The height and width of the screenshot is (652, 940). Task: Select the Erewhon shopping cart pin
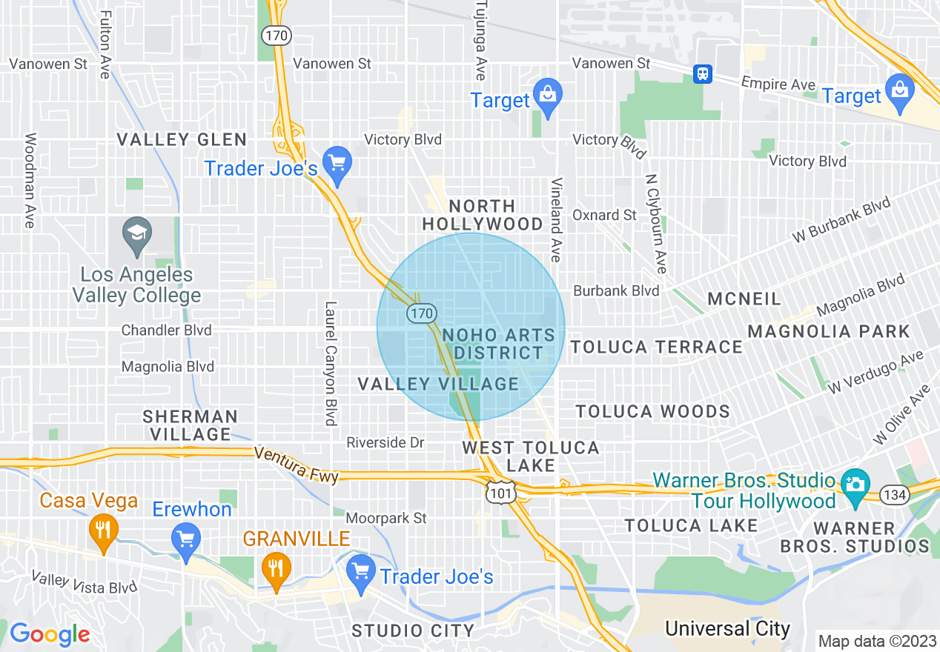185,541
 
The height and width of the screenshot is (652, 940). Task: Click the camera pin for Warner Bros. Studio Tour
855,487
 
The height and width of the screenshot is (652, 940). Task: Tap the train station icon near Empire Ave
702,73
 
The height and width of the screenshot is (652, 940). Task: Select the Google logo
50,634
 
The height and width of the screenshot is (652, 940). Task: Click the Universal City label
727,629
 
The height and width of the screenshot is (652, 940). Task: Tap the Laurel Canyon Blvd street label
331,363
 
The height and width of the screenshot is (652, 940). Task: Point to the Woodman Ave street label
30,181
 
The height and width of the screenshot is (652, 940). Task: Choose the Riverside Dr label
385,442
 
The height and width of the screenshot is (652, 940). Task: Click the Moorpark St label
386,518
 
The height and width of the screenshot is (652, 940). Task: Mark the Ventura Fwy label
297,465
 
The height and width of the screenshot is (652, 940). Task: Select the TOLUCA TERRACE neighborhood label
657,347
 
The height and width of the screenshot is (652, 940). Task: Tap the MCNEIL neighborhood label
744,299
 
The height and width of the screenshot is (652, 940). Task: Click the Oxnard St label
605,215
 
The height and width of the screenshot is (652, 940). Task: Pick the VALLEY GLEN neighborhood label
182,139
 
